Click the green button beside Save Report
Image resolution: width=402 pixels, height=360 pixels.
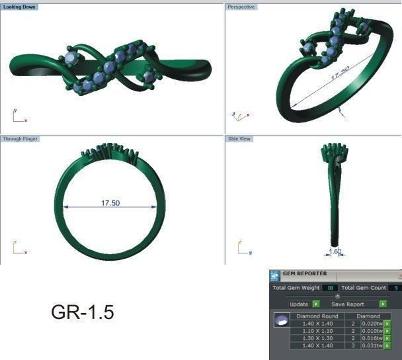pyautogui.click(x=383, y=304)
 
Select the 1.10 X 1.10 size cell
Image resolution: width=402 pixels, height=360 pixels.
pyautogui.click(x=317, y=330)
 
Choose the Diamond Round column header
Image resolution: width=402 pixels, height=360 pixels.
pyautogui.click(x=317, y=316)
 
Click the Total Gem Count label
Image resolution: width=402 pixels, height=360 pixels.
pyautogui.click(x=364, y=288)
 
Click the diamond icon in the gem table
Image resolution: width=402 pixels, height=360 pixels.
pyautogui.click(x=281, y=320)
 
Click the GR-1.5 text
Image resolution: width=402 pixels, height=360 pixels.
pyautogui.click(x=82, y=312)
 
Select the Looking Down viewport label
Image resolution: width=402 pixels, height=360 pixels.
pyautogui.click(x=20, y=7)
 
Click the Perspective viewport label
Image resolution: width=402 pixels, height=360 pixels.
pyautogui.click(x=241, y=7)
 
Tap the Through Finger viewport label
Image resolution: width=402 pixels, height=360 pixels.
pyautogui.click(x=20, y=139)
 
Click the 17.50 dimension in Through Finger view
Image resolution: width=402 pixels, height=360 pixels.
pyautogui.click(x=110, y=203)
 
